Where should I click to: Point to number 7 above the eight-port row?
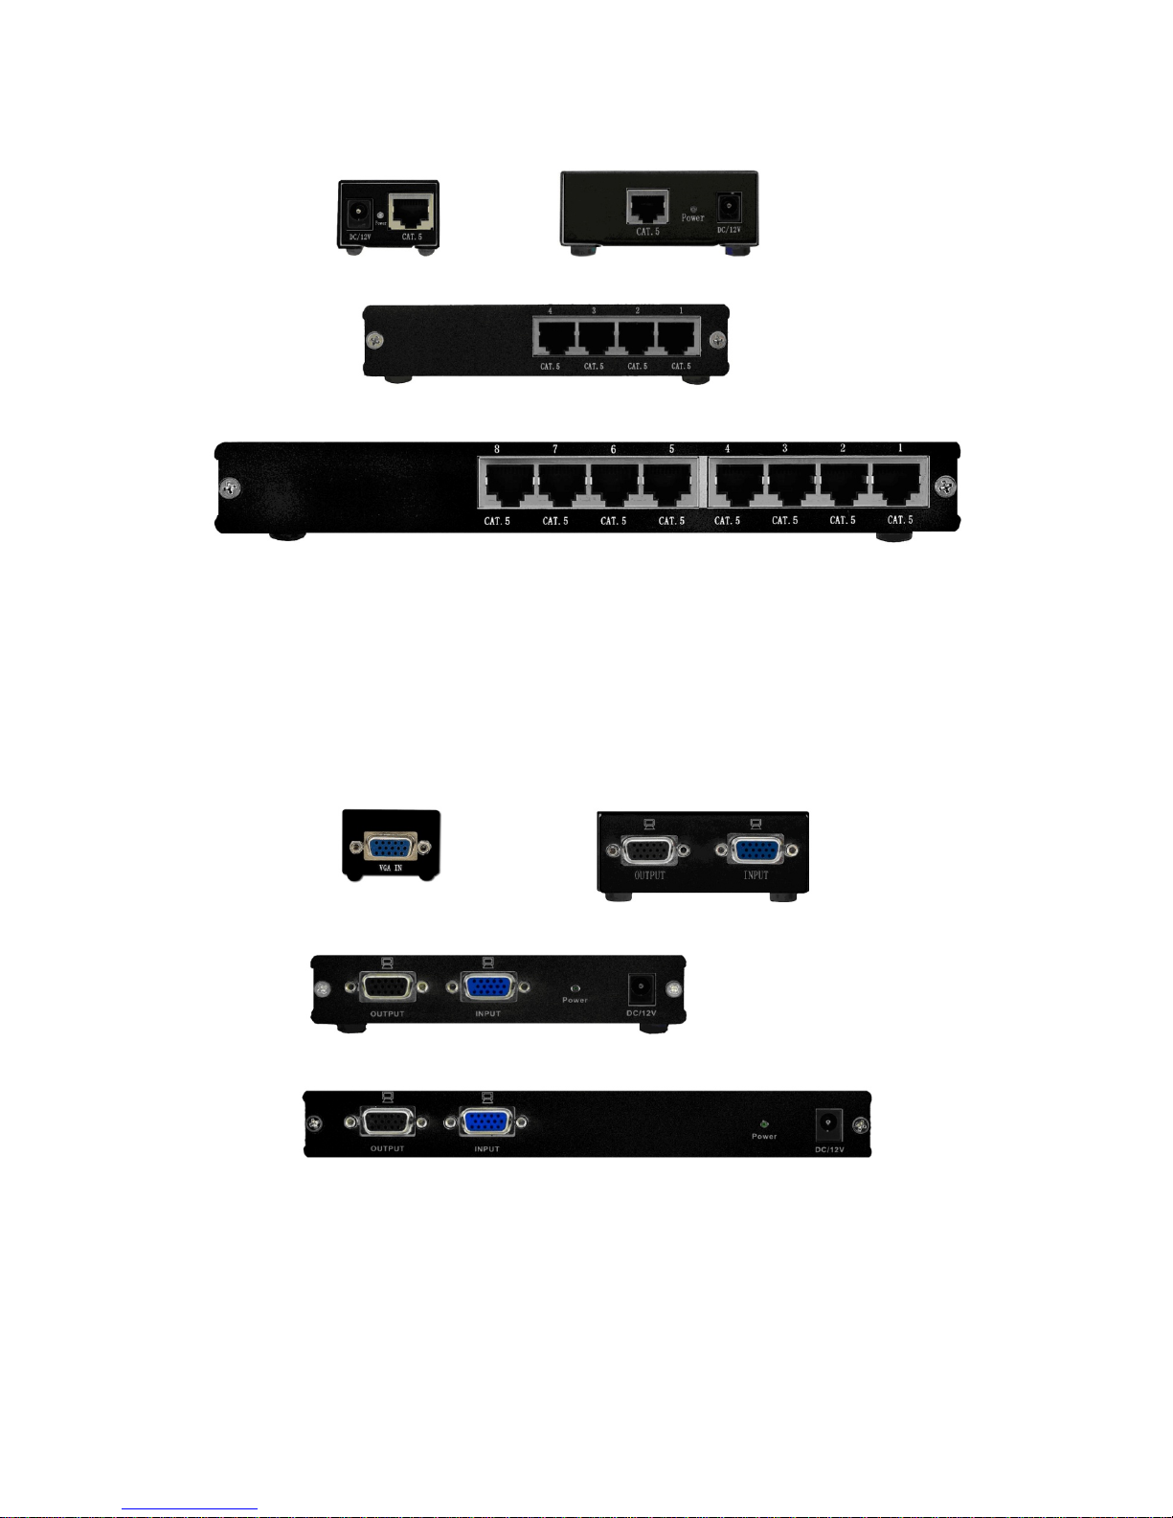click(x=555, y=449)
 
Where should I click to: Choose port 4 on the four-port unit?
click(x=554, y=338)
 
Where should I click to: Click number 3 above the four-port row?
click(x=594, y=311)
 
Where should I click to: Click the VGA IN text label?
click(x=391, y=868)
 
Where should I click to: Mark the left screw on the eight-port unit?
click(x=230, y=487)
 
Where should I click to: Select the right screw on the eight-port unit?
click(x=945, y=486)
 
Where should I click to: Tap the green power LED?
click(x=763, y=1124)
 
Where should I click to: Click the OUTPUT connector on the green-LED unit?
click(x=388, y=1123)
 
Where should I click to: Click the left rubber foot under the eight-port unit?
click(x=286, y=534)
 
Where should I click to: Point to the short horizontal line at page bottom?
click(x=190, y=1509)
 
